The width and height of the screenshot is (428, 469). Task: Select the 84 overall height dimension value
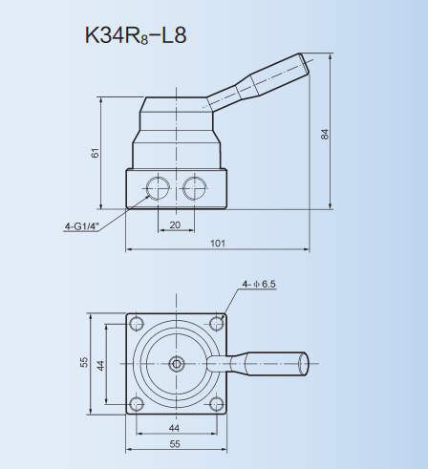pyautogui.click(x=325, y=134)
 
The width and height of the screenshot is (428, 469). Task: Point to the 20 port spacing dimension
pyautogui.click(x=175, y=224)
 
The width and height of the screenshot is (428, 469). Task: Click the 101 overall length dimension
pyautogui.click(x=217, y=244)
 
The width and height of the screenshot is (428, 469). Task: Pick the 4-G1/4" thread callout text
pyautogui.click(x=83, y=226)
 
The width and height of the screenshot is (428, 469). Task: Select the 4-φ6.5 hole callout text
pyautogui.click(x=258, y=284)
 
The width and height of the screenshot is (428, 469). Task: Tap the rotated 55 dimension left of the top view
pyautogui.click(x=84, y=363)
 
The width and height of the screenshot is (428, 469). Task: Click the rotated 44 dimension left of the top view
pyautogui.click(x=100, y=363)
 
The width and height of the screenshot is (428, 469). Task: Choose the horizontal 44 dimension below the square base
pyautogui.click(x=175, y=428)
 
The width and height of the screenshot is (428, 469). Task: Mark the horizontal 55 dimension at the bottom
pyautogui.click(x=175, y=445)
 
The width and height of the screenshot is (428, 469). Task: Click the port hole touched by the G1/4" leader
pyautogui.click(x=155, y=185)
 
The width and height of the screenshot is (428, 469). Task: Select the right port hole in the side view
pyautogui.click(x=196, y=185)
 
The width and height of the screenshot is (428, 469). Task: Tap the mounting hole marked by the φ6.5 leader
pyautogui.click(x=217, y=320)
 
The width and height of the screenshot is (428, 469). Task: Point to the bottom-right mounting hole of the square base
pyautogui.click(x=217, y=402)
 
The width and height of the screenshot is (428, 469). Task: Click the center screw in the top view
pyautogui.click(x=176, y=362)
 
